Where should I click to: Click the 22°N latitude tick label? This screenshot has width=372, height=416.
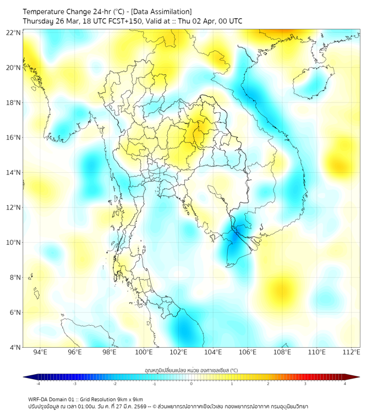click(x=14, y=32)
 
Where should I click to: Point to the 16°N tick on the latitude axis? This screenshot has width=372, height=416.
click(x=14, y=138)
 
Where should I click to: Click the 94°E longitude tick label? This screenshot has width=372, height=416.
click(x=40, y=353)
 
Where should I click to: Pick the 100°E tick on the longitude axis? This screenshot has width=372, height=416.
click(x=144, y=353)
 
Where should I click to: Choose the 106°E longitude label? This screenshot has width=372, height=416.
click(x=248, y=353)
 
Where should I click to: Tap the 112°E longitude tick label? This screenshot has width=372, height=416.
click(x=352, y=353)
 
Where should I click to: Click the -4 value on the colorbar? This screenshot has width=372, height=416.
click(x=38, y=384)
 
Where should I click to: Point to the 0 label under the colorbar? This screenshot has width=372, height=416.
click(x=192, y=384)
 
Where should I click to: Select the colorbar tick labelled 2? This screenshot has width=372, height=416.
click(x=268, y=384)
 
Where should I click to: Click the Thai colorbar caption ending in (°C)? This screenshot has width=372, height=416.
click(x=191, y=370)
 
